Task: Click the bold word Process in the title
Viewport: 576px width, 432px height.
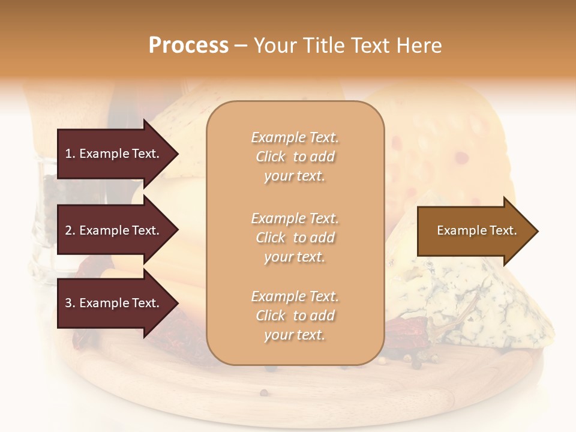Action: (188, 46)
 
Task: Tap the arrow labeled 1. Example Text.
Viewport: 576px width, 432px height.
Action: (114, 154)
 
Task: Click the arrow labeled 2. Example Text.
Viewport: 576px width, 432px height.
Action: (114, 230)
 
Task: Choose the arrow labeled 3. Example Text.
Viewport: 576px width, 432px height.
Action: (114, 303)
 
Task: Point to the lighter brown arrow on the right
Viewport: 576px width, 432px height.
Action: (474, 230)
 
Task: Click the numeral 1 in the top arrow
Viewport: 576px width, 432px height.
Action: (68, 154)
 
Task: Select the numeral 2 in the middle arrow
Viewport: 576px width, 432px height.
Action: (68, 230)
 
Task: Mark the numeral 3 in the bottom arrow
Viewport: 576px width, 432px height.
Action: (68, 303)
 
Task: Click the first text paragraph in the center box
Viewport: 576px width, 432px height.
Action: (295, 157)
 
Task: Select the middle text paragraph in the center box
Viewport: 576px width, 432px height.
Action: (295, 238)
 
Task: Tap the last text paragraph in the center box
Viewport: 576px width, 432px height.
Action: (295, 316)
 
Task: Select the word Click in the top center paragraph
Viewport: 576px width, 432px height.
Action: (271, 157)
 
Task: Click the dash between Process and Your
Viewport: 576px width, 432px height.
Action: (241, 46)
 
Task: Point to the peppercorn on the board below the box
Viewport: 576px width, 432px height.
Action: (263, 392)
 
